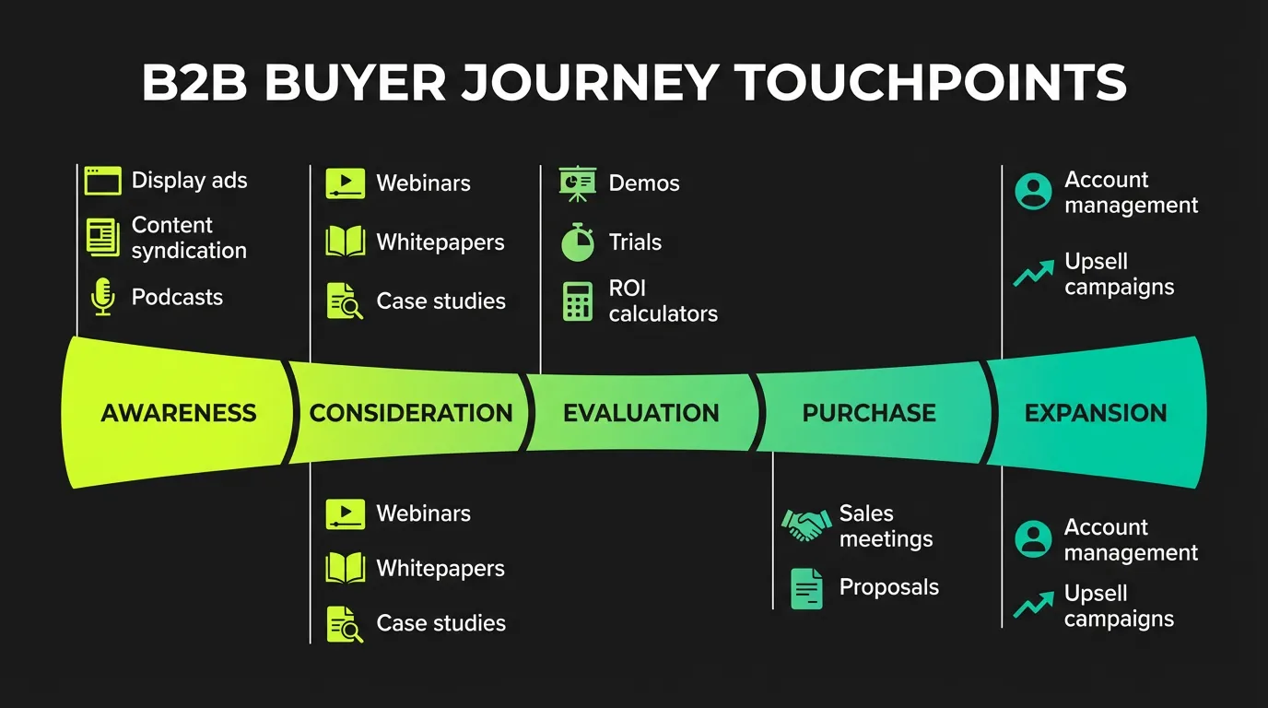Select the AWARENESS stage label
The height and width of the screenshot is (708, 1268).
[x=179, y=413]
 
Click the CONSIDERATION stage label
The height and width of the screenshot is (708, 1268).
[x=411, y=413]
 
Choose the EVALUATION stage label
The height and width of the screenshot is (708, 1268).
[x=641, y=413]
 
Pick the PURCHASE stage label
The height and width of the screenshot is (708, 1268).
[x=869, y=413]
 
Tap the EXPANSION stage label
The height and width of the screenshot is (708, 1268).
[x=1096, y=413]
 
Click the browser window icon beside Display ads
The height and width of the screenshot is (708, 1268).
[x=102, y=181]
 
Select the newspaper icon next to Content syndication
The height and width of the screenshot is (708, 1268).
[x=102, y=238]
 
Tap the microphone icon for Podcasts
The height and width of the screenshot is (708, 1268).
[x=102, y=298]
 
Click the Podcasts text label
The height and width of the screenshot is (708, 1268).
[x=177, y=298]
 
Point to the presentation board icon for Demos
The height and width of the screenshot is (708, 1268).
[x=578, y=183]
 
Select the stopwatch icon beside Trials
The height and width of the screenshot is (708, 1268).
[x=578, y=242]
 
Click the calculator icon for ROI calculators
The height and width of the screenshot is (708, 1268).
[x=578, y=301]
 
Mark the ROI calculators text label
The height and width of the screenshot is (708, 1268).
[x=663, y=301]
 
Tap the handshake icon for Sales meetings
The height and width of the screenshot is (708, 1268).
[x=805, y=526]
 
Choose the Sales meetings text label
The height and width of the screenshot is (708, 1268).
[x=886, y=526]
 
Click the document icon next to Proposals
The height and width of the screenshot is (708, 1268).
[x=807, y=588]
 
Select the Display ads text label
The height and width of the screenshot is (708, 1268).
[x=189, y=181]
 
